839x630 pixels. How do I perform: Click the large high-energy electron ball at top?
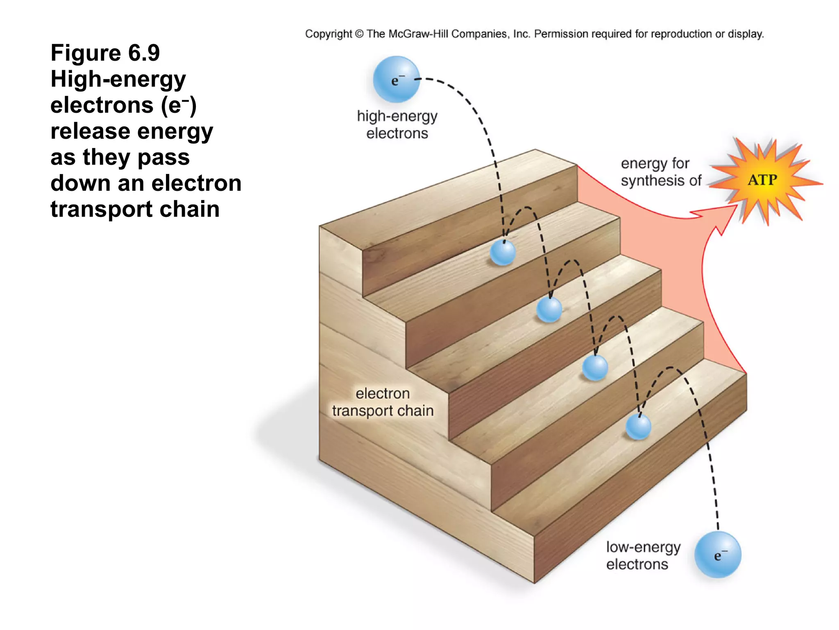(x=396, y=80)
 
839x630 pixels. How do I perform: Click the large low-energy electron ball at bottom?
(x=718, y=555)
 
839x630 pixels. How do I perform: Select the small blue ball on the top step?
(x=503, y=253)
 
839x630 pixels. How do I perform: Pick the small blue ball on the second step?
(x=549, y=310)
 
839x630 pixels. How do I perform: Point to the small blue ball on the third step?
(x=595, y=367)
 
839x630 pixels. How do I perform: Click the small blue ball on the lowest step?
(x=638, y=427)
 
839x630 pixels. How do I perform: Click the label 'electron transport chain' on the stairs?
(x=383, y=402)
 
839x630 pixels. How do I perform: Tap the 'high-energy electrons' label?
(x=397, y=125)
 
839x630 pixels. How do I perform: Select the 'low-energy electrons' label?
(x=642, y=556)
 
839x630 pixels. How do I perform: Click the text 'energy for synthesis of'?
(x=660, y=172)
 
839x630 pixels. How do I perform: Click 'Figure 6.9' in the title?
(x=105, y=53)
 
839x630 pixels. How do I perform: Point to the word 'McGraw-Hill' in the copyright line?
(x=418, y=34)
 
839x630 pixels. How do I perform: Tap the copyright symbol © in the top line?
(x=359, y=34)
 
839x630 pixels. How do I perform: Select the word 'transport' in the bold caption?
(x=102, y=209)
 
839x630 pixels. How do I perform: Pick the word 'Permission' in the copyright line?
(x=561, y=34)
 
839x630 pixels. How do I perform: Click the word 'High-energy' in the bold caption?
(x=118, y=80)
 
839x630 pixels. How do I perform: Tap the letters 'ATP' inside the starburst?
(x=762, y=180)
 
